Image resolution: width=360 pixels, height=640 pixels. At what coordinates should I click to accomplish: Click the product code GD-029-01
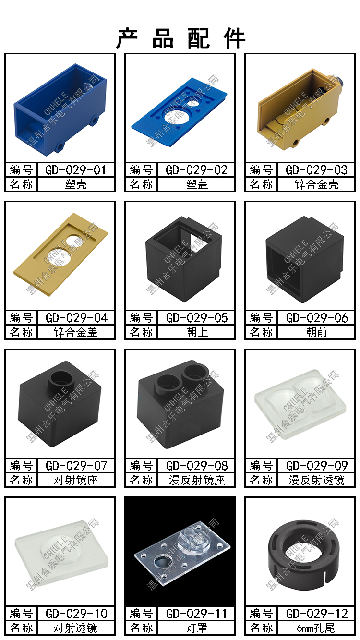click(75, 170)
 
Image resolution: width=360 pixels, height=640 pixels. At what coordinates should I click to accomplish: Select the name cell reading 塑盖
click(197, 184)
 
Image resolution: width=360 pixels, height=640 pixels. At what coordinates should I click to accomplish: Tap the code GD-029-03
click(316, 170)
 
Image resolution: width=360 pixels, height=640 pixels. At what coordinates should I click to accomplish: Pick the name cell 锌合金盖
click(76, 332)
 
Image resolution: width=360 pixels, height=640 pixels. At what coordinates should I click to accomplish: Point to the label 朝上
click(197, 332)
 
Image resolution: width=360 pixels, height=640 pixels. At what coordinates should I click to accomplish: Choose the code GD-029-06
click(317, 318)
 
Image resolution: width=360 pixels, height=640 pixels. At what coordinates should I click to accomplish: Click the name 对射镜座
click(76, 480)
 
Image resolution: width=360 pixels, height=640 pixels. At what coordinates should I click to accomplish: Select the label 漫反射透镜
click(317, 480)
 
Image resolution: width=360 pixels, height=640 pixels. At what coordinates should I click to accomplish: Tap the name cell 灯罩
click(197, 628)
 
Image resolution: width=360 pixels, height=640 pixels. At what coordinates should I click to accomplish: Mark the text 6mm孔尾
click(316, 628)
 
